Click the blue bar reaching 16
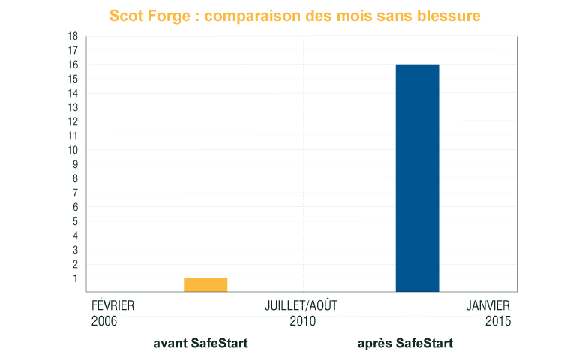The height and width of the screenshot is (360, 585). (417, 178)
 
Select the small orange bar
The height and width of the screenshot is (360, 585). (205, 284)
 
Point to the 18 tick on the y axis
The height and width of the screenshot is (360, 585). (73, 36)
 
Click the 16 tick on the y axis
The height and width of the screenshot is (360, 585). (73, 64)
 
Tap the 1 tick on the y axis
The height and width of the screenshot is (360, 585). (75, 278)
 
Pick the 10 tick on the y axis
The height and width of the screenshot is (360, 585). (73, 150)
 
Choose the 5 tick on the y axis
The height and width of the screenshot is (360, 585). (75, 221)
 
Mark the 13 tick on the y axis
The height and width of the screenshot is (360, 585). (73, 107)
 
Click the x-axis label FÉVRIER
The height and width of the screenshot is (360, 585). (112, 306)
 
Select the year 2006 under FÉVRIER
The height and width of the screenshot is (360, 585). (104, 321)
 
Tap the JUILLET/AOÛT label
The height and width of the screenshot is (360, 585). (301, 306)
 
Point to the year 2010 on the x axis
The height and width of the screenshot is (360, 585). (302, 321)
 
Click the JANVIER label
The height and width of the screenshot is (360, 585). (487, 306)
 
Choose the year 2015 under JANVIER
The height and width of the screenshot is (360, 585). (497, 321)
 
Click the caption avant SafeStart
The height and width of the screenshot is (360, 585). (200, 343)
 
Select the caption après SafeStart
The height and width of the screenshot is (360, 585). (405, 343)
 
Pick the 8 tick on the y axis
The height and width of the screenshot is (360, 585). (75, 178)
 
